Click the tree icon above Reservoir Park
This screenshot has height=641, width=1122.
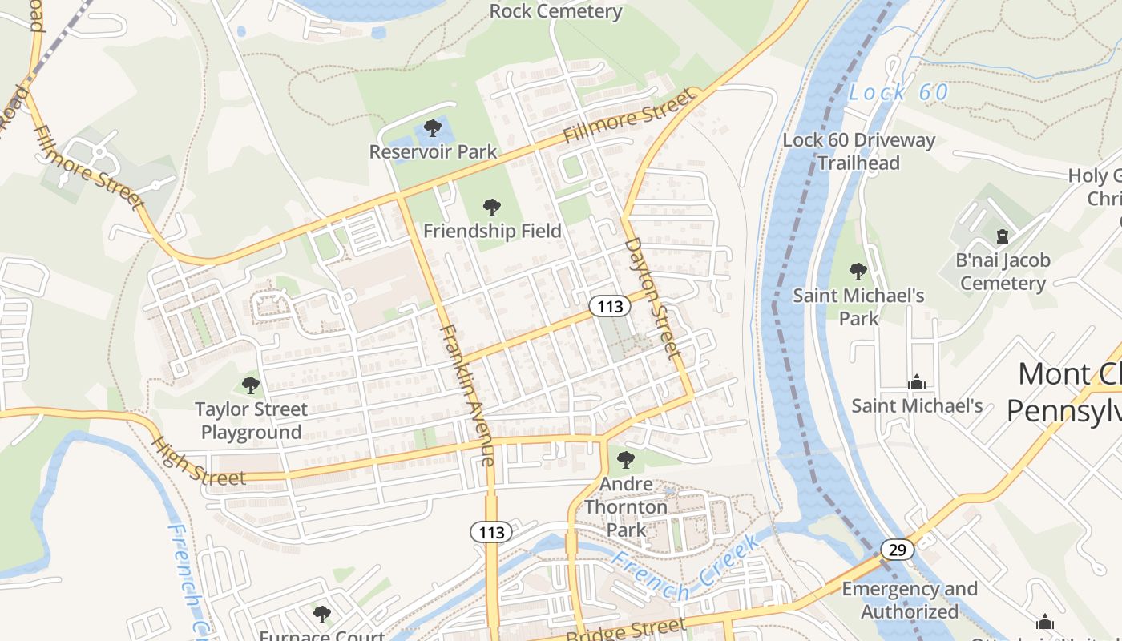[433, 127]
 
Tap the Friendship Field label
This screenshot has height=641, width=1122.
[492, 231]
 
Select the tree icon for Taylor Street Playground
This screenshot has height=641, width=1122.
[251, 385]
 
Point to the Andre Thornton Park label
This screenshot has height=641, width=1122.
[626, 507]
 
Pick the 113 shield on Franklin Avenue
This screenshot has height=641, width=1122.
[491, 532]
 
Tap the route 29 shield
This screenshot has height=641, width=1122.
[897, 550]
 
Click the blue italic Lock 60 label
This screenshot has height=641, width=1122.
[898, 93]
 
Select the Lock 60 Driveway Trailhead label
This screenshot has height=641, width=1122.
[858, 151]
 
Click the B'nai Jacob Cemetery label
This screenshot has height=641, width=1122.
[1003, 272]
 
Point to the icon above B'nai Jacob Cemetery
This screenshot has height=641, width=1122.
[1002, 236]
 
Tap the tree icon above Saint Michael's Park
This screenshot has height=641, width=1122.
[858, 272]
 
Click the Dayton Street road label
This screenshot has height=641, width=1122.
[652, 296]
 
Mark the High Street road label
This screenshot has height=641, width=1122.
[197, 462]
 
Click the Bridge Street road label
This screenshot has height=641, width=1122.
[626, 630]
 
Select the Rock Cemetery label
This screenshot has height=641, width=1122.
[555, 11]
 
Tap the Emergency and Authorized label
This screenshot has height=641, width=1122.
[910, 600]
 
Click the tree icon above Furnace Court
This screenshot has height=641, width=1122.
[322, 615]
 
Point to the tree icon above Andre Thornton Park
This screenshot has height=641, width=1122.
[626, 460]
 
